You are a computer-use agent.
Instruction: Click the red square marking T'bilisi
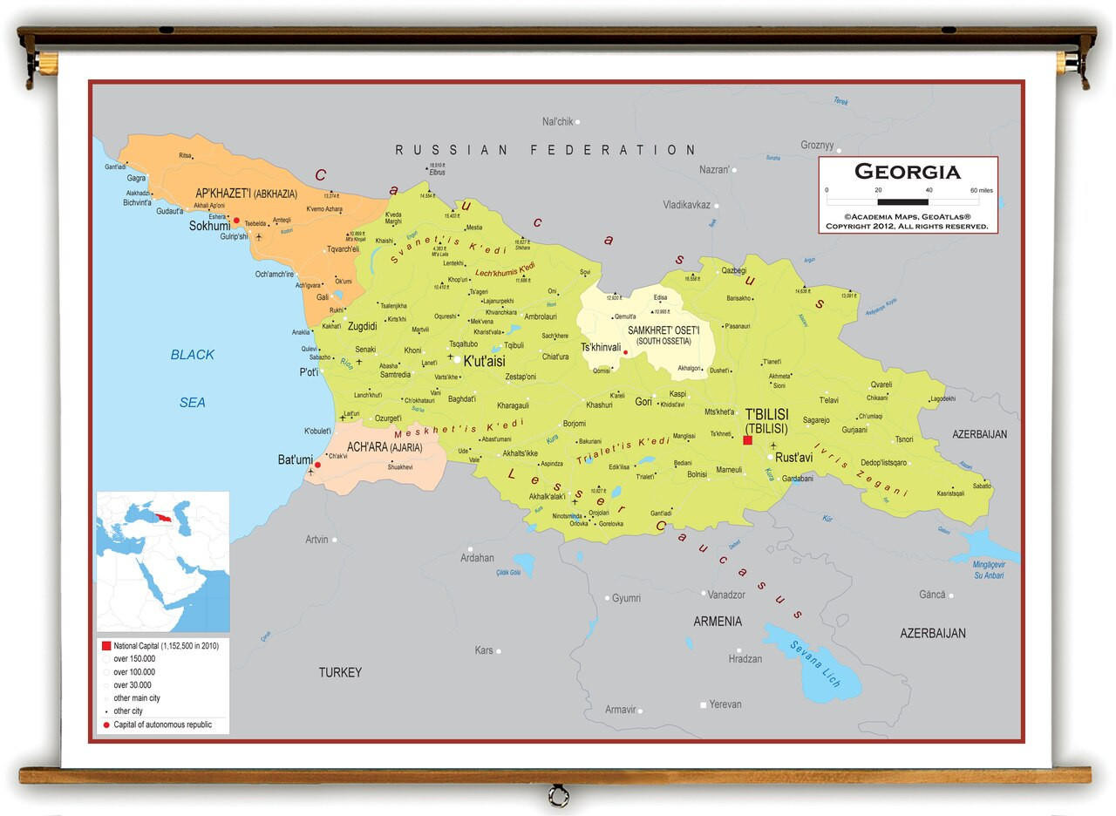coord(747,441)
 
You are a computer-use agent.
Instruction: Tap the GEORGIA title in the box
coord(907,172)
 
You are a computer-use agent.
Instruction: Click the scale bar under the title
coord(902,201)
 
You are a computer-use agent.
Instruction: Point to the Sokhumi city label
coord(209,226)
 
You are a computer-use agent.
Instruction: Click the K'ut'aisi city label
coord(484,360)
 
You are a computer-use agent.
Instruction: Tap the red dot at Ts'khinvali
coord(625,352)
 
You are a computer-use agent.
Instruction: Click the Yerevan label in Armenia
coord(725,704)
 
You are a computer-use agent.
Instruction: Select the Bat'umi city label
coord(295,459)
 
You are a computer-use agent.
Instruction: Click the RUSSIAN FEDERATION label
coord(546,150)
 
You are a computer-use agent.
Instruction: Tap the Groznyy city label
coord(817,146)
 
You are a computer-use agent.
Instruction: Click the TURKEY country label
coord(340,672)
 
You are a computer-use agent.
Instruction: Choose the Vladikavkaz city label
coord(686,205)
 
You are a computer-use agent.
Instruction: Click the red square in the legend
coord(106,646)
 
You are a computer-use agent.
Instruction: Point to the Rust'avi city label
coord(793,457)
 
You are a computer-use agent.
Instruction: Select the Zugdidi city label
coord(362,326)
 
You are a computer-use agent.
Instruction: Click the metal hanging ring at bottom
coord(558,796)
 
